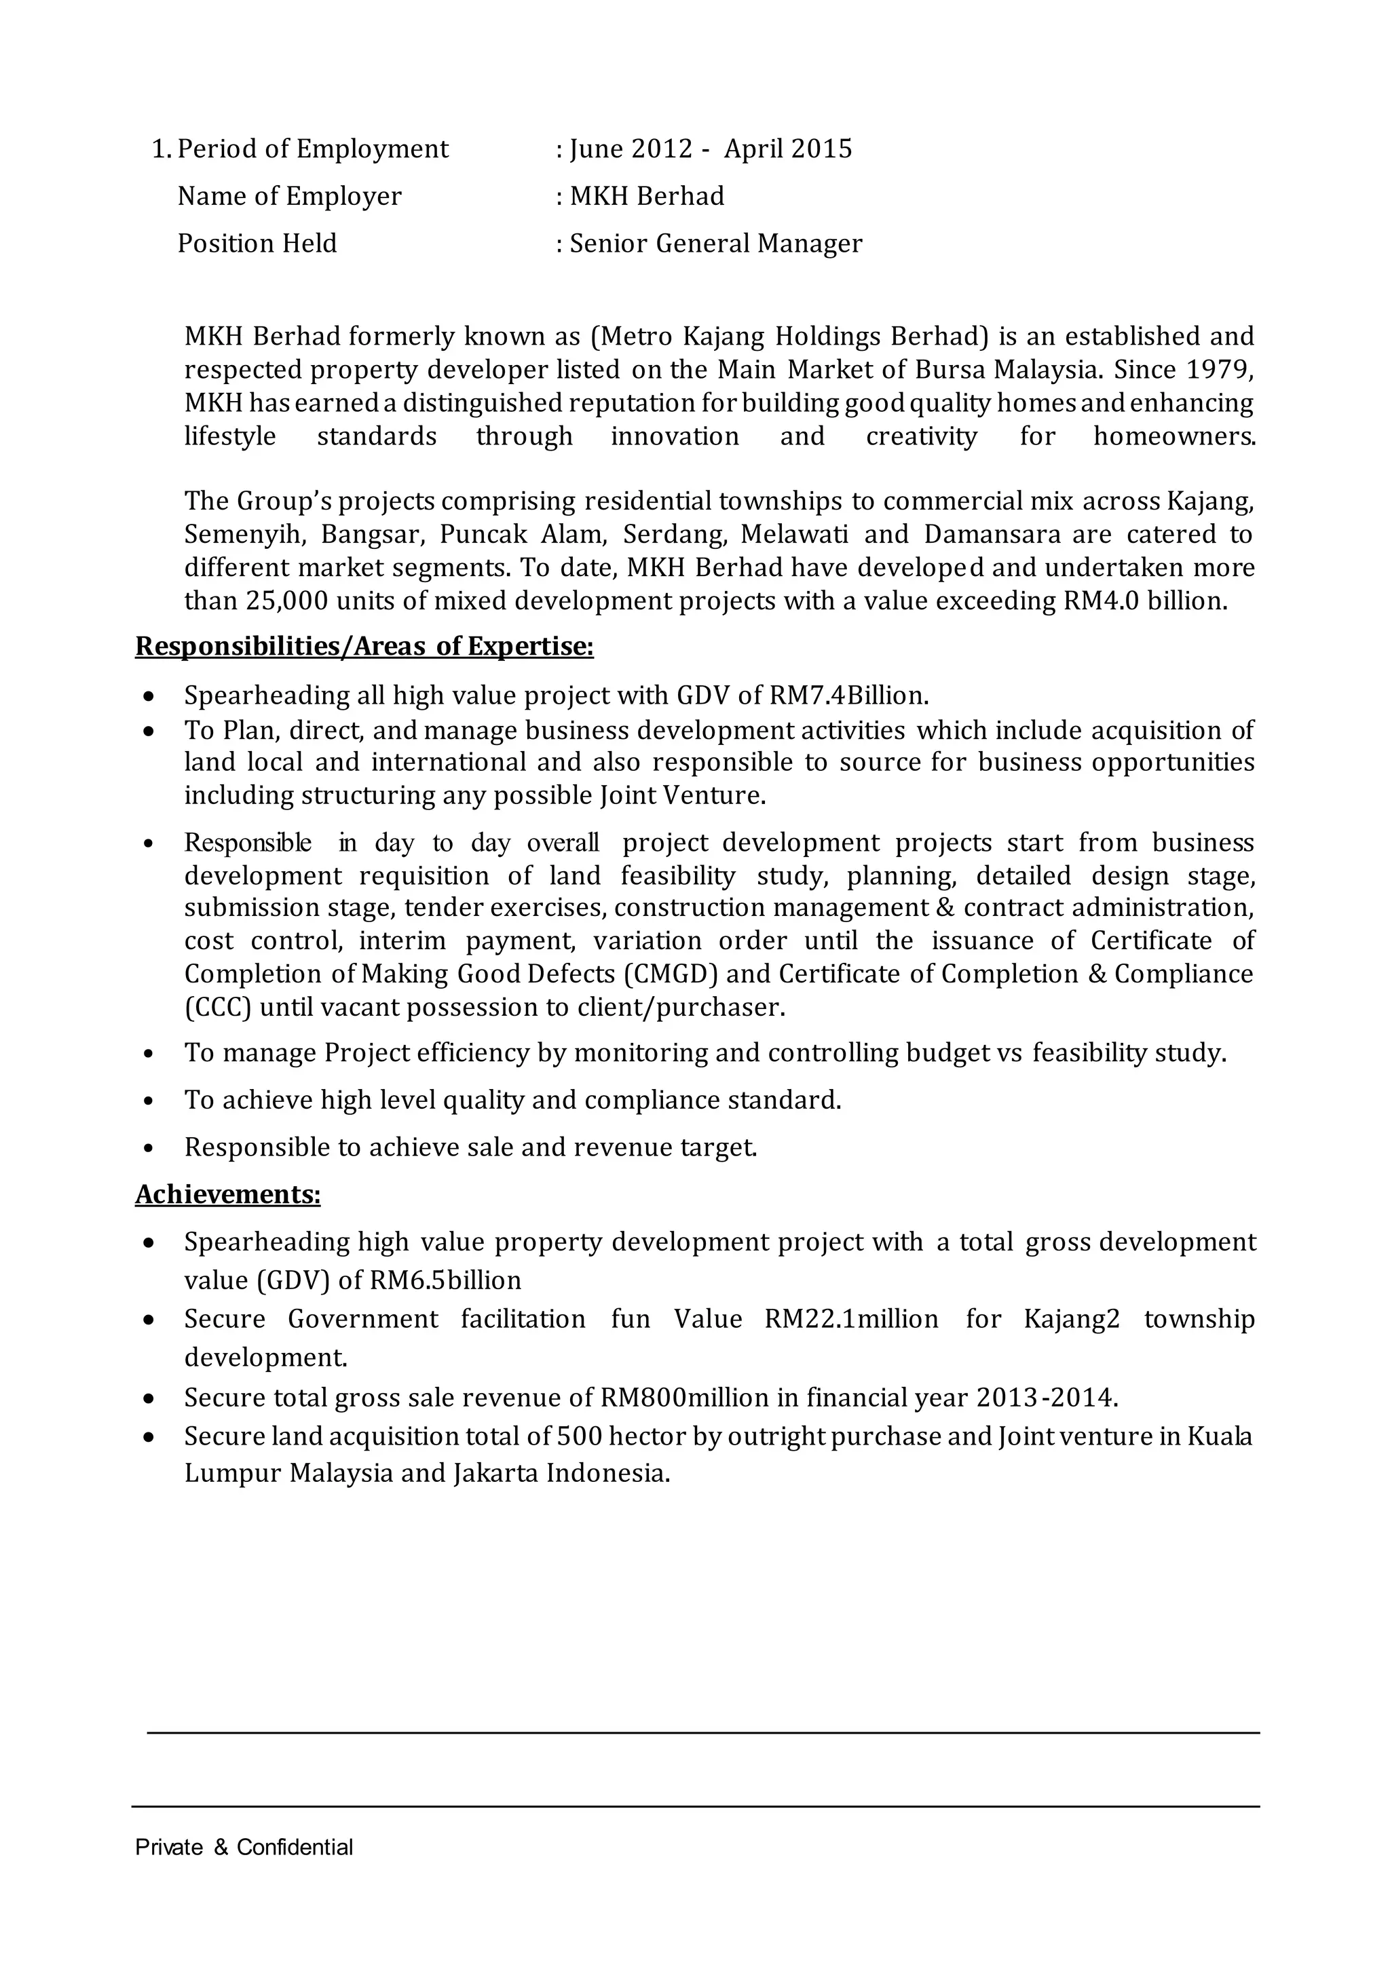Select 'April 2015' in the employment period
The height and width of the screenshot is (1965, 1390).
[x=787, y=150]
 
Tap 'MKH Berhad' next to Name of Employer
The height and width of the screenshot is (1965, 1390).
[x=647, y=197]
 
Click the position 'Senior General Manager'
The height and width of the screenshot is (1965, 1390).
[x=715, y=244]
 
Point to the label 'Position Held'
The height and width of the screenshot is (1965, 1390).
[x=257, y=244]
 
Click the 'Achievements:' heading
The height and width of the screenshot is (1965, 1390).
[x=227, y=1194]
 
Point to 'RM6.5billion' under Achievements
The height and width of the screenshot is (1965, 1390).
[x=445, y=1280]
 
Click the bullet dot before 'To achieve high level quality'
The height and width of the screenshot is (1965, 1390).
[x=149, y=1101]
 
